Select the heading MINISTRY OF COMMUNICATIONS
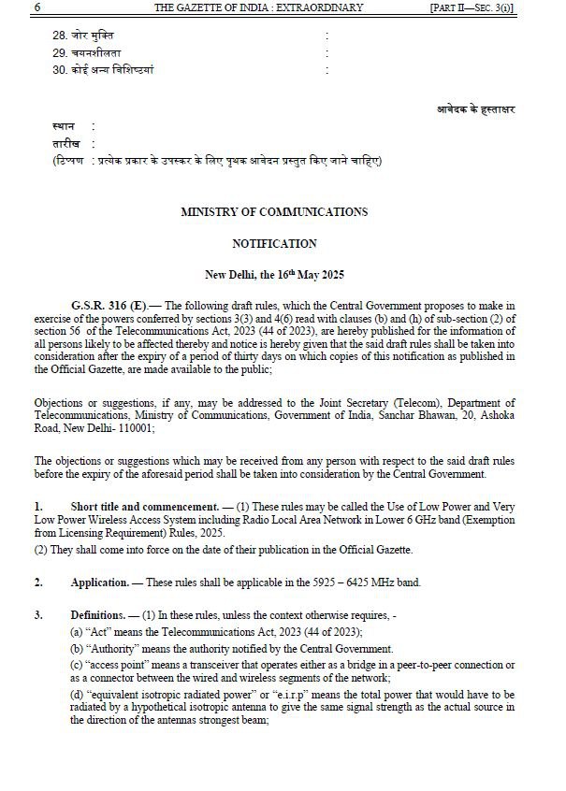coord(274,212)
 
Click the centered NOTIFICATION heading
coord(274,243)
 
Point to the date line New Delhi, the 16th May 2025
coord(274,275)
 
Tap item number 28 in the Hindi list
coord(60,36)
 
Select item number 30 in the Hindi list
coord(60,69)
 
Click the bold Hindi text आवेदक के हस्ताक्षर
coord(475,108)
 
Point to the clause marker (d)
coord(77,693)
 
